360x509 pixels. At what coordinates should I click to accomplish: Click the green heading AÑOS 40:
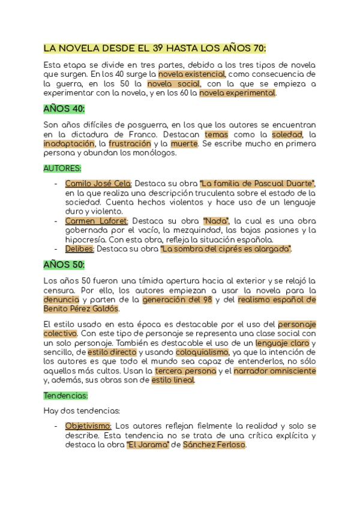(64, 109)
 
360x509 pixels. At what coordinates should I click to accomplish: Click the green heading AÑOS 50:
(64, 264)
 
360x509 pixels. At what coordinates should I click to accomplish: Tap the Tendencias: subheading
(66, 396)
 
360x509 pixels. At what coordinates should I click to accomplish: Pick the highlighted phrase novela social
(173, 84)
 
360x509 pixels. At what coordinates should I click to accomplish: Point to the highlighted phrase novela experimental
(238, 93)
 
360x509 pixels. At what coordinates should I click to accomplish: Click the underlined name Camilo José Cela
(98, 184)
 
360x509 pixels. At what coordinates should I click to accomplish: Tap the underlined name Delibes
(79, 248)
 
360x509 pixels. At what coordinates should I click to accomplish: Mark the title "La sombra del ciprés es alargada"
(226, 248)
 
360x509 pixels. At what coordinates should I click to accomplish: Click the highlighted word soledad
(287, 134)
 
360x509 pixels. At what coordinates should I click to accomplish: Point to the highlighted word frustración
(126, 143)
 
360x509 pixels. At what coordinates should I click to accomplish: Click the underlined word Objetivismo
(88, 426)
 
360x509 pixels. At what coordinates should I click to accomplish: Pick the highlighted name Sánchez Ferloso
(214, 445)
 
